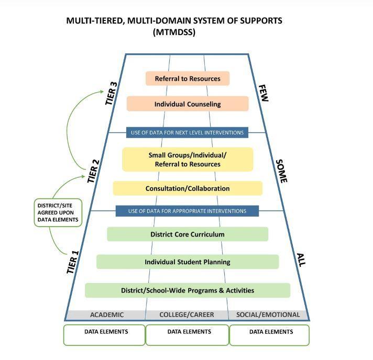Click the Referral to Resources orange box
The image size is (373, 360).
pyautogui.click(x=188, y=78)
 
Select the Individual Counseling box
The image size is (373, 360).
pyautogui.click(x=188, y=104)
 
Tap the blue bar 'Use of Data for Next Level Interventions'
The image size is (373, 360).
pyautogui.click(x=187, y=132)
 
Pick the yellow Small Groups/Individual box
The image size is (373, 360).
pyautogui.click(x=188, y=159)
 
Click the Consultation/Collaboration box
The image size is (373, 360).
pyautogui.click(x=188, y=188)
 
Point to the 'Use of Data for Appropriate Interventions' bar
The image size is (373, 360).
pyautogui.click(x=187, y=211)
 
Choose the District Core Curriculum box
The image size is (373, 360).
pyautogui.click(x=188, y=234)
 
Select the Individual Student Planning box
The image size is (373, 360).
pyautogui.click(x=188, y=262)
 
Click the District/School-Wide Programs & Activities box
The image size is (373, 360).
pyautogui.click(x=188, y=290)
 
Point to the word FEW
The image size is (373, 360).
pyautogui.click(x=263, y=93)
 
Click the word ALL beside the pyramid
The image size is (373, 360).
pyautogui.click(x=301, y=260)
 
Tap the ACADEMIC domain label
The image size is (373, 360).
pyautogui.click(x=107, y=314)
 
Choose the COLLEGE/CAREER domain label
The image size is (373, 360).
pyautogui.click(x=187, y=314)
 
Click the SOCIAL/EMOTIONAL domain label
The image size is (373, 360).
pyautogui.click(x=268, y=314)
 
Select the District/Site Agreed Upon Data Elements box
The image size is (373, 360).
pyautogui.click(x=58, y=212)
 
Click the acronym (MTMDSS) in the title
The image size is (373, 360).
pyautogui.click(x=174, y=32)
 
